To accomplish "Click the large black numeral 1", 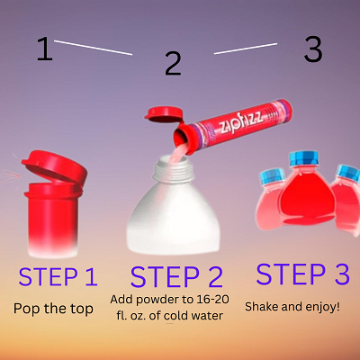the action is click(45, 49).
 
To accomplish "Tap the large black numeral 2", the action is click(173, 63).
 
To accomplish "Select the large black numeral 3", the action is click(313, 49).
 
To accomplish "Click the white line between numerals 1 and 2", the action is click(93, 48).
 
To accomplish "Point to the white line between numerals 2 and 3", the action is click(246, 49).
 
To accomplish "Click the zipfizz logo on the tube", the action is click(241, 122).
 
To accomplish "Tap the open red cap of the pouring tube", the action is click(164, 114).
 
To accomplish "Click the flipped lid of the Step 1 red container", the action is click(54, 166).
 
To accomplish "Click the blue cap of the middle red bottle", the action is click(303, 158).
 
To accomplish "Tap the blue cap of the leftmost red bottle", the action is click(272, 176).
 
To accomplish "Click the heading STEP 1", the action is click(58, 276).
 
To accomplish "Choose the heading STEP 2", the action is click(176, 276).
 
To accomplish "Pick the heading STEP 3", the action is click(302, 274).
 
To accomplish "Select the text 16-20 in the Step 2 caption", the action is click(213, 299).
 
